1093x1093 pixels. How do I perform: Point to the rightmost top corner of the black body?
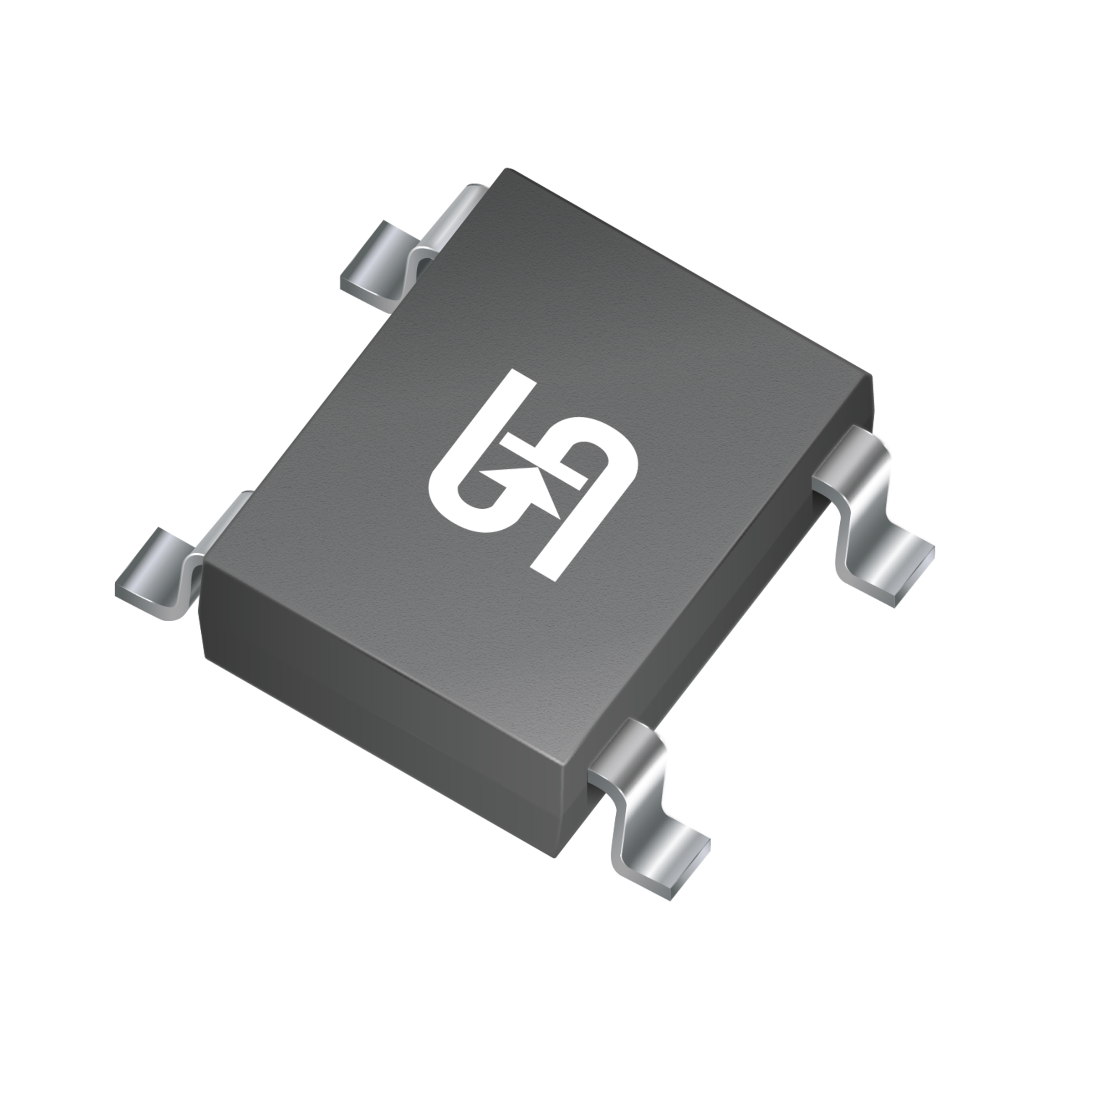pyautogui.click(x=870, y=378)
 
